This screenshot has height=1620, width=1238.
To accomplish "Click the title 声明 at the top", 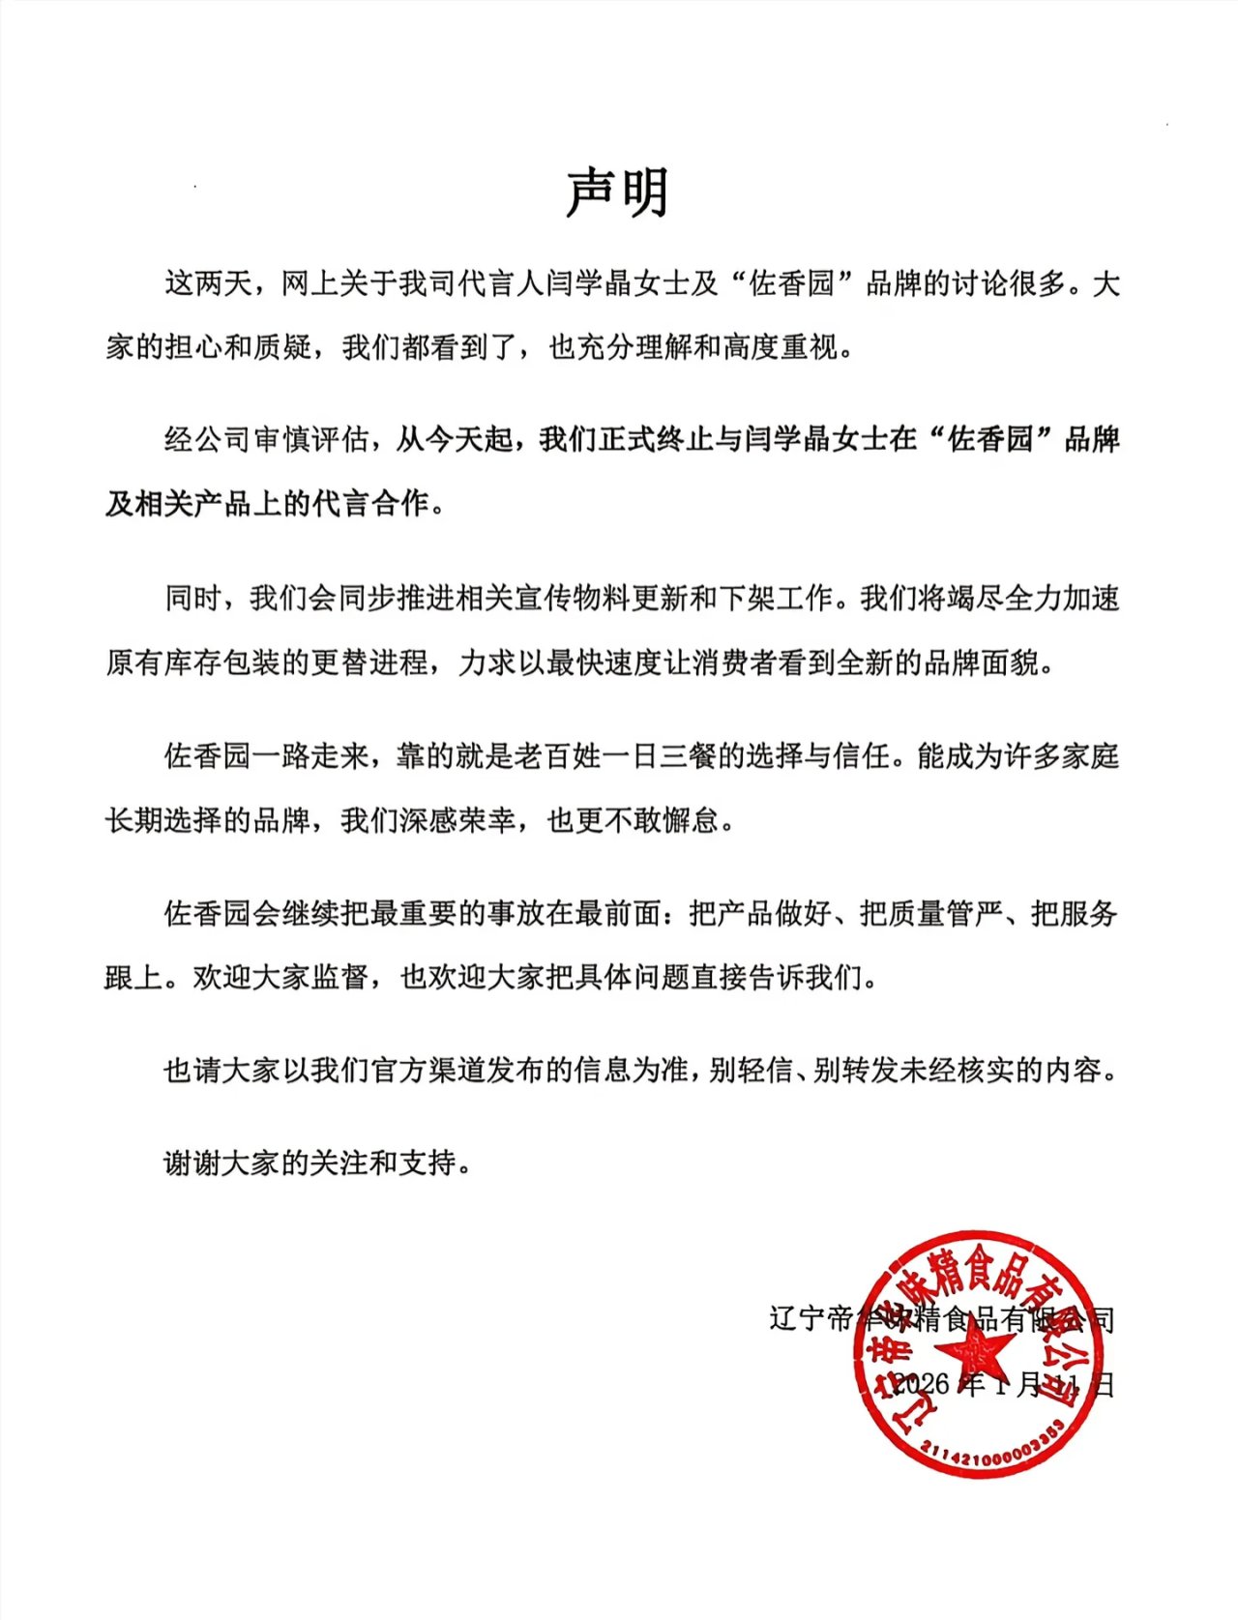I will click(617, 192).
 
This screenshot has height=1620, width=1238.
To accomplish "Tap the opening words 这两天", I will click(207, 283).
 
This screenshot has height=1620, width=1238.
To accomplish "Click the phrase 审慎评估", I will click(310, 440).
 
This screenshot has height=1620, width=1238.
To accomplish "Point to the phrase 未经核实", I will click(958, 1071).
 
